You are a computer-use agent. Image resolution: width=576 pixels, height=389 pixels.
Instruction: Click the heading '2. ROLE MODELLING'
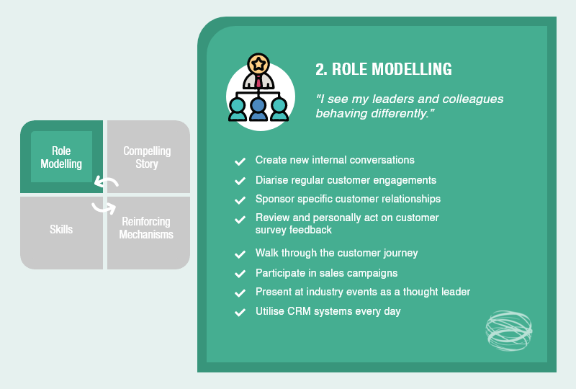383,69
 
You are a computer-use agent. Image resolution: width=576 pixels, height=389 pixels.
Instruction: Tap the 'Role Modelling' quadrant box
61,157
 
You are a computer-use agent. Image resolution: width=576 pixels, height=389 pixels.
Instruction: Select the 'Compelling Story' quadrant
147,157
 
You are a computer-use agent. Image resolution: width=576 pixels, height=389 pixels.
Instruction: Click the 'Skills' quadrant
61,229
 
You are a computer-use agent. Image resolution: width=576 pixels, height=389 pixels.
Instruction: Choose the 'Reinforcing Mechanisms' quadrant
146,228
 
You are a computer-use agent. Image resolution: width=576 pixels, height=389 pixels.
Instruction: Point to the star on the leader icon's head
257,61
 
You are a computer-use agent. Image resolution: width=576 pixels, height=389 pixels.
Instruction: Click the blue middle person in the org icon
258,108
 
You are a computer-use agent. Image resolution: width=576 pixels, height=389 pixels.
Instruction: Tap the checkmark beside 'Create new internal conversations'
240,161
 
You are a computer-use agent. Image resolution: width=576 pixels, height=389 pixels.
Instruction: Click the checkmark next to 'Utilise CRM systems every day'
240,313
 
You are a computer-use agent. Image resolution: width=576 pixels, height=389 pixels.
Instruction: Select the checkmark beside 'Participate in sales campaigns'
240,274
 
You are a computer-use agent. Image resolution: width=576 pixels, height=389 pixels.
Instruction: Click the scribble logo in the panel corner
508,331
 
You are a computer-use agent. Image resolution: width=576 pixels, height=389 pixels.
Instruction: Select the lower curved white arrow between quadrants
104,207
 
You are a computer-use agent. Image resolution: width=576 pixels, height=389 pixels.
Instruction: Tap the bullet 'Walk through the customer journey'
336,254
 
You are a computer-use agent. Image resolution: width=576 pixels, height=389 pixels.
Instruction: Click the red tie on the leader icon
258,81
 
